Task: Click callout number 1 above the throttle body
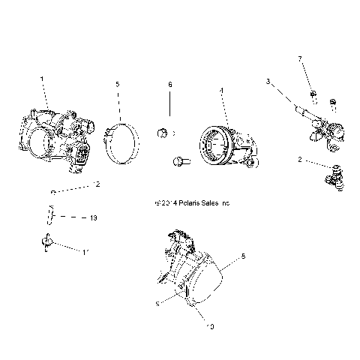point(42,79)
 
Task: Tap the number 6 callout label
point(169,85)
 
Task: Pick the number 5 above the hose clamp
point(117,85)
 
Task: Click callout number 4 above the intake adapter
point(221,91)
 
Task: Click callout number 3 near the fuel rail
point(268,81)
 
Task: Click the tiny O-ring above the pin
point(52,193)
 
